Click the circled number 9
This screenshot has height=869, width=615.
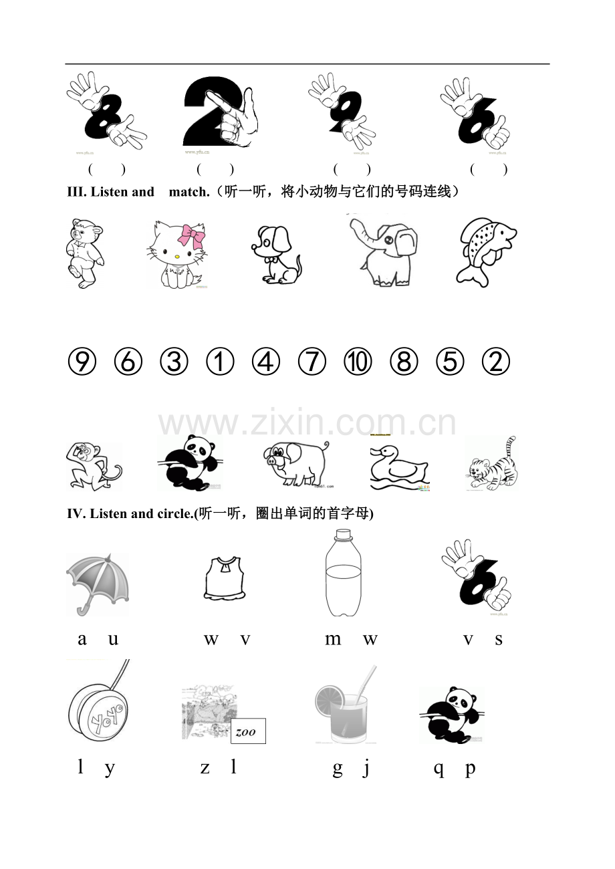(x=82, y=362)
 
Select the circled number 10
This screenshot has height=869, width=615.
(x=358, y=362)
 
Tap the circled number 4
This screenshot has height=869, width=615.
(x=265, y=362)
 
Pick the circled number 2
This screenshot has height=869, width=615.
(x=496, y=362)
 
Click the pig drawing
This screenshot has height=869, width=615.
(x=296, y=462)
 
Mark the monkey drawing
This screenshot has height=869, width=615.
(x=92, y=465)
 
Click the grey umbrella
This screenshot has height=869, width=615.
(x=98, y=582)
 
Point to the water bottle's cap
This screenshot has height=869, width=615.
(x=344, y=534)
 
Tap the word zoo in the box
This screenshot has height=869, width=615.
(x=247, y=731)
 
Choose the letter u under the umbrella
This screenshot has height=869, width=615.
(x=113, y=639)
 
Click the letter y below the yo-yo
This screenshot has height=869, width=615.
(x=110, y=768)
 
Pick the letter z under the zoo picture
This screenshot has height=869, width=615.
(x=205, y=767)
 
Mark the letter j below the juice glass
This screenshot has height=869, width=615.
(x=366, y=769)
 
